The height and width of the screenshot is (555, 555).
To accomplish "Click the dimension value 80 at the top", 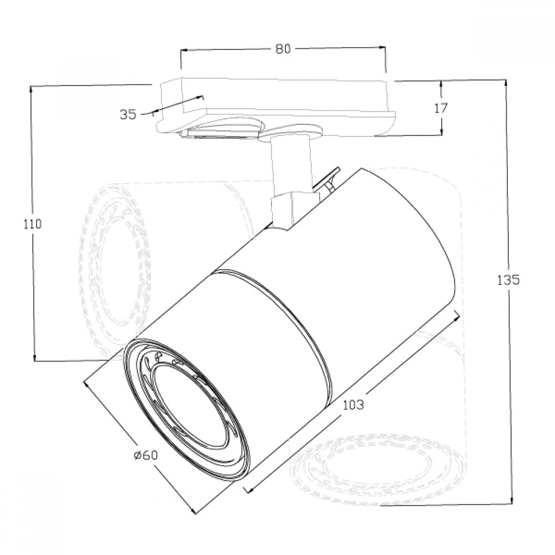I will [x=283, y=48].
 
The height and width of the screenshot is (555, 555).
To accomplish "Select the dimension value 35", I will [x=128, y=114].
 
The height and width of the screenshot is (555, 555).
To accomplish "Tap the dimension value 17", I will [x=441, y=108].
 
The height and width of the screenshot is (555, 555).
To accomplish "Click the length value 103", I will [x=353, y=405].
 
